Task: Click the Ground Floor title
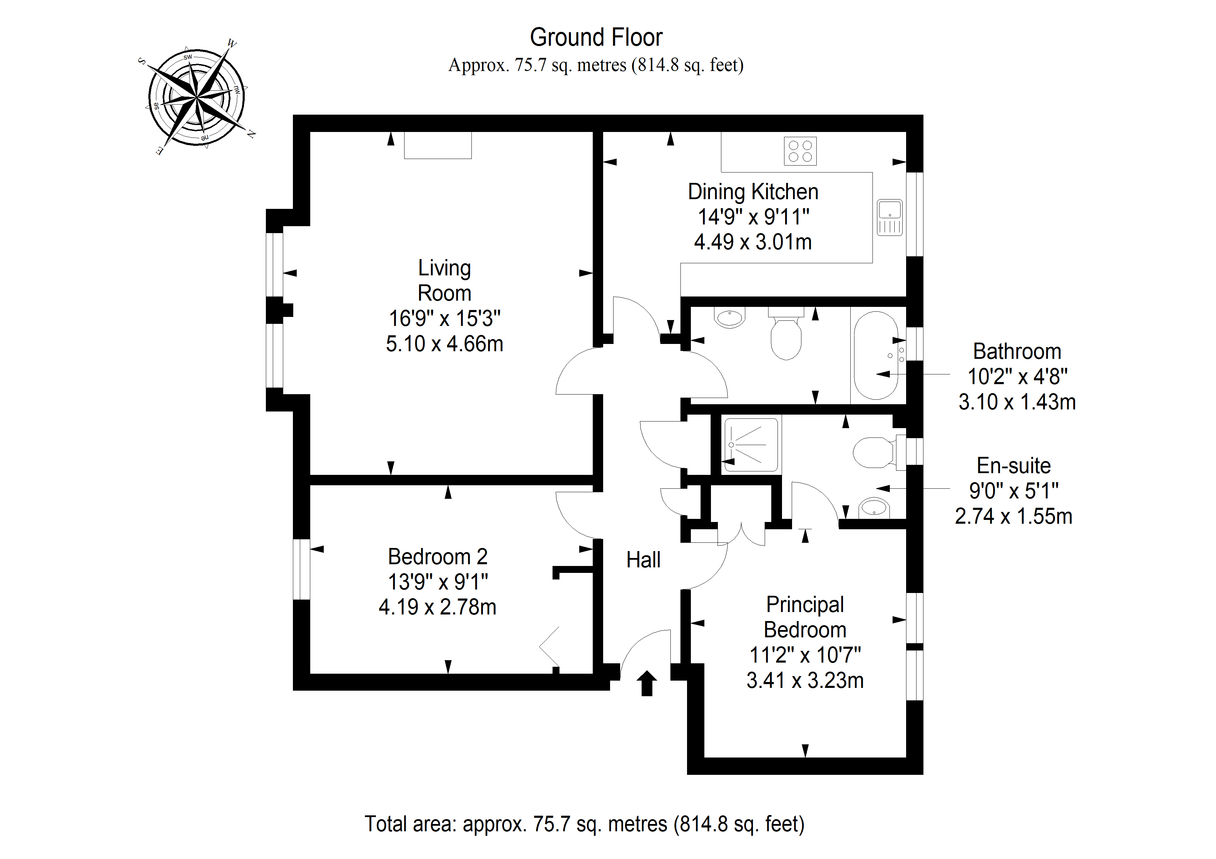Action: pyautogui.click(x=596, y=37)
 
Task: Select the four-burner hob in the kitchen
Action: pyautogui.click(x=800, y=151)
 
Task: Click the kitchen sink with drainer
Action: pyautogui.click(x=890, y=218)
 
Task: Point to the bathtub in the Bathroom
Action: pyautogui.click(x=877, y=355)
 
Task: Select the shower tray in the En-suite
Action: pyautogui.click(x=750, y=445)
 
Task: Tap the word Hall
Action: pyautogui.click(x=643, y=560)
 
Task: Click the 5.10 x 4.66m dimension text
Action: pyautogui.click(x=444, y=344)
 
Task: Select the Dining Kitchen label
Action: pyautogui.click(x=753, y=192)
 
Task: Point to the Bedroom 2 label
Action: pyautogui.click(x=437, y=556)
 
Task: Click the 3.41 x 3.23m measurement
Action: pyautogui.click(x=805, y=680)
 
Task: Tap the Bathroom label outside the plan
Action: pyautogui.click(x=1017, y=352)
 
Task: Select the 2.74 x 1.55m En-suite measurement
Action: pyautogui.click(x=1013, y=516)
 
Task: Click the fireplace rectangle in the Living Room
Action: pyautogui.click(x=437, y=145)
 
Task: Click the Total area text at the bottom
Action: pyautogui.click(x=584, y=824)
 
